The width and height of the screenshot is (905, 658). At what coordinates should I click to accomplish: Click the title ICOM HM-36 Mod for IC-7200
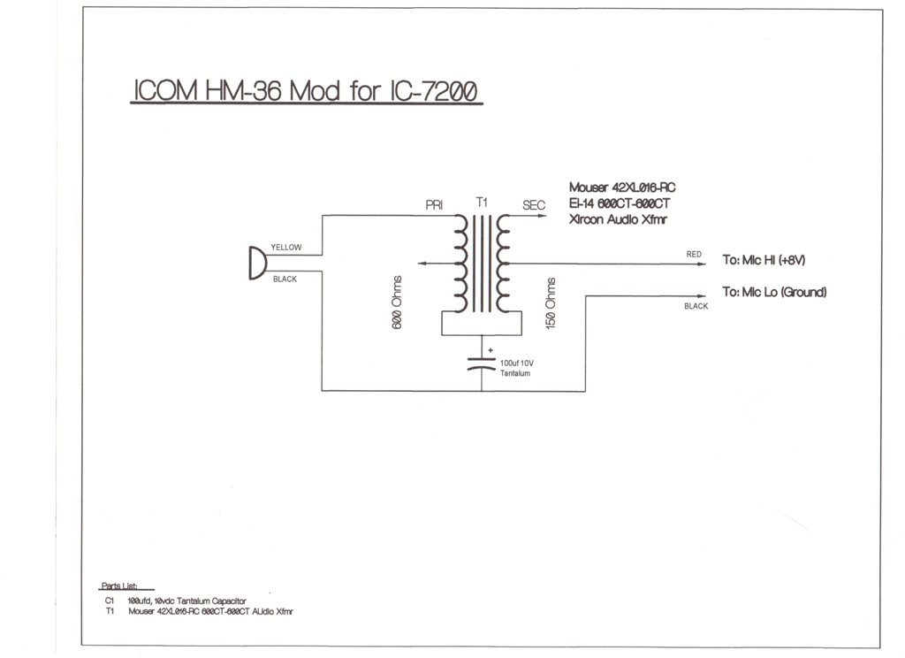[x=306, y=91]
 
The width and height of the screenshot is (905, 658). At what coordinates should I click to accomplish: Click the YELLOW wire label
[x=286, y=248]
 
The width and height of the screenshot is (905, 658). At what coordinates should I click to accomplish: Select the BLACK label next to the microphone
[x=285, y=279]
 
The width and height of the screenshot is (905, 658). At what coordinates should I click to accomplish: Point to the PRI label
[x=434, y=205]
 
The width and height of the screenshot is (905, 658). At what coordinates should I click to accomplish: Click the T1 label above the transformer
[x=482, y=202]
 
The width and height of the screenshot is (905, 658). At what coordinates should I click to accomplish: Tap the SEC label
[x=534, y=205]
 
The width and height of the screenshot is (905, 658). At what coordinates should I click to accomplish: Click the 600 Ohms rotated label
[x=397, y=302]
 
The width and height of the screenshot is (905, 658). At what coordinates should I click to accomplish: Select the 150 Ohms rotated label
[x=551, y=303]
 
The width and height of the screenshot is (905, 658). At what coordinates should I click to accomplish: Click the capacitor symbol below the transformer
[x=482, y=363]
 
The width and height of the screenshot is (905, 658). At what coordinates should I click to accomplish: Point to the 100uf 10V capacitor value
[x=517, y=363]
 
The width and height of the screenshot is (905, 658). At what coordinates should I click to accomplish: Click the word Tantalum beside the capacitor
[x=515, y=373]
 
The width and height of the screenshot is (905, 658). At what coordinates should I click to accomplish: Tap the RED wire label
[x=694, y=254]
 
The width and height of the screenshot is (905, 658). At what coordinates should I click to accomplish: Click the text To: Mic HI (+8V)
[x=764, y=260]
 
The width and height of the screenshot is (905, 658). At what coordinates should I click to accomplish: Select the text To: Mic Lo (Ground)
[x=774, y=292]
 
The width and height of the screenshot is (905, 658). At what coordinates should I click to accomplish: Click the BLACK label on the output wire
[x=696, y=306]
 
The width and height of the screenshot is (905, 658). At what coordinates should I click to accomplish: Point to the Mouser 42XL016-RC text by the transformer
[x=622, y=187]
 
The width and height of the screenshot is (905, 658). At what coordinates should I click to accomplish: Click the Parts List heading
[x=119, y=585]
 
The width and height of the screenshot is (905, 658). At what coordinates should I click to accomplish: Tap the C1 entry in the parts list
[x=110, y=601]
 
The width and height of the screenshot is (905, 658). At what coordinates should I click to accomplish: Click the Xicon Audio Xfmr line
[x=618, y=219]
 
